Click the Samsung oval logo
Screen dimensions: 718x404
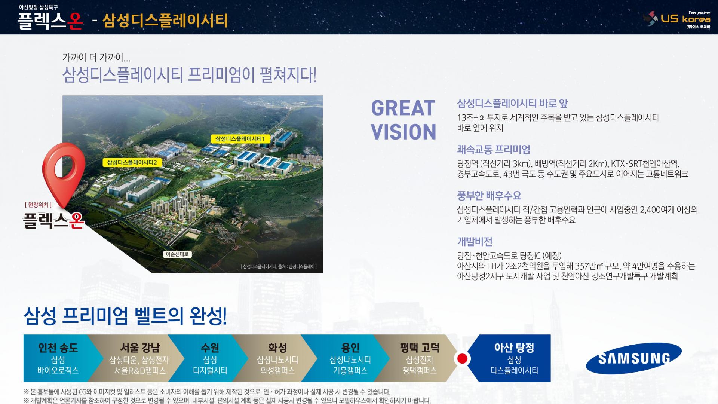point(633,358)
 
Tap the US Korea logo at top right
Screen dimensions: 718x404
point(676,19)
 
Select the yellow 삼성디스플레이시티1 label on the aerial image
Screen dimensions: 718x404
point(240,139)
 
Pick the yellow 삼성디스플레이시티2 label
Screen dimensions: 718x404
point(132,162)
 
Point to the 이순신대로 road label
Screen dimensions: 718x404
point(178,254)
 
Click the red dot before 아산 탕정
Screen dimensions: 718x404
point(463,359)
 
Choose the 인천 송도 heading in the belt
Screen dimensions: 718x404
point(58,348)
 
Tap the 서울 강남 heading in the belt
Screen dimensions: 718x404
point(140,348)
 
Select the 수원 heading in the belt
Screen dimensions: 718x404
point(210,348)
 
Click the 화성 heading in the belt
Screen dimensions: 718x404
point(277,348)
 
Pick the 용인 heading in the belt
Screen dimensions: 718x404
point(350,348)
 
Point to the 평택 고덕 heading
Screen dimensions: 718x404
point(420,348)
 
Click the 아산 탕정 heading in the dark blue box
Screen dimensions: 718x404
point(514,348)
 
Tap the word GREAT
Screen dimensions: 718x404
point(403,108)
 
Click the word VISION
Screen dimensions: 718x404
point(404,132)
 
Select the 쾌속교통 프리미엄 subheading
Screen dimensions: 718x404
point(494,150)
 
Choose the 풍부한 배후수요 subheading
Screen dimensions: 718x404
point(489,196)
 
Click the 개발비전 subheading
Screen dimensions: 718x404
point(475,242)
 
